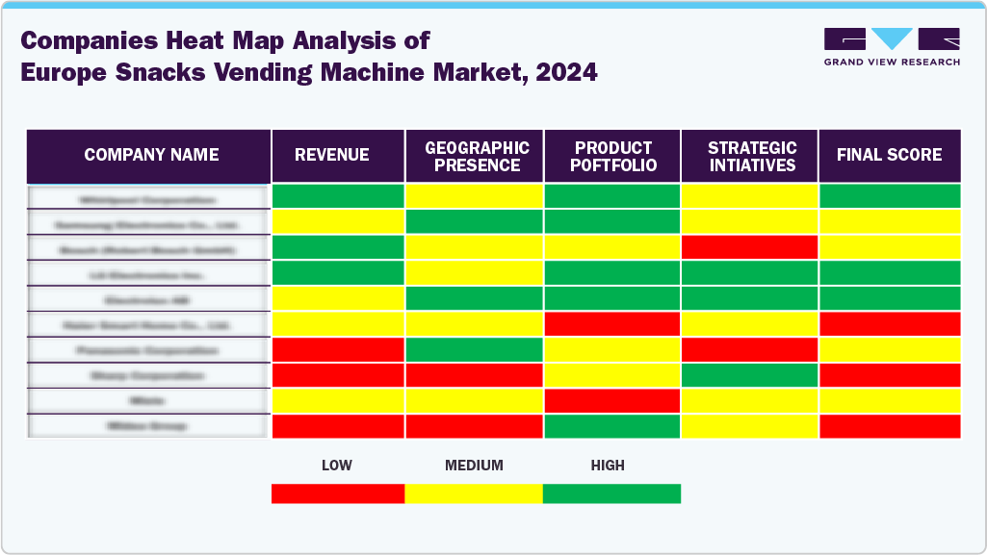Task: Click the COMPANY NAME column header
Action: [151, 155]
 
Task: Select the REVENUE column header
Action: [332, 155]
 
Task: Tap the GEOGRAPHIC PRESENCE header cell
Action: [477, 156]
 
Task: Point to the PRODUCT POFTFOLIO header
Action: [613, 156]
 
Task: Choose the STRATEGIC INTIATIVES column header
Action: [752, 156]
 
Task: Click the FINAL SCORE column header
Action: [889, 155]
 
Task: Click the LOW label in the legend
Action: [336, 466]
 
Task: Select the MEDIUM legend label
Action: [474, 466]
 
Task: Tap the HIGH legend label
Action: [608, 466]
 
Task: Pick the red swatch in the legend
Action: [337, 493]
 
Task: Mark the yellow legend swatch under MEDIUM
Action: [474, 493]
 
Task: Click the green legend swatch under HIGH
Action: [611, 493]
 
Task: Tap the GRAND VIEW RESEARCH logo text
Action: [892, 63]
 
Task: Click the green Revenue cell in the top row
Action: [337, 196]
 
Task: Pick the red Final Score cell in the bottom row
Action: [889, 426]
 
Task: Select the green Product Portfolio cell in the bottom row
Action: [613, 426]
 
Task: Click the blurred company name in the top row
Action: [148, 200]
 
